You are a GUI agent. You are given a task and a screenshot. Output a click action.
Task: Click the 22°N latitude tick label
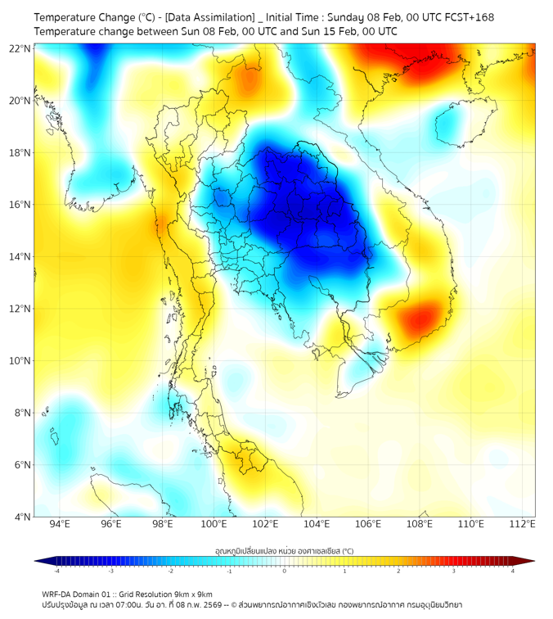20,48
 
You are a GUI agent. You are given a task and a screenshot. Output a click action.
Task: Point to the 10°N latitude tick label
20,361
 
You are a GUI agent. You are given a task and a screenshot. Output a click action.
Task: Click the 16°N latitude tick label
20,205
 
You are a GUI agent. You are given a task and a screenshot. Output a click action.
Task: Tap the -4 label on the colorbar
56,571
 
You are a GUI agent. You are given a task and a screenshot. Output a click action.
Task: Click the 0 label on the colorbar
285,571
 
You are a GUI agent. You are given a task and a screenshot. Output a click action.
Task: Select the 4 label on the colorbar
513,571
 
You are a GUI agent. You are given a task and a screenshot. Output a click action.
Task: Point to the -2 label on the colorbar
169,571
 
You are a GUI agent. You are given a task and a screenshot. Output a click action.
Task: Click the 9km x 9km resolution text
188,594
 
